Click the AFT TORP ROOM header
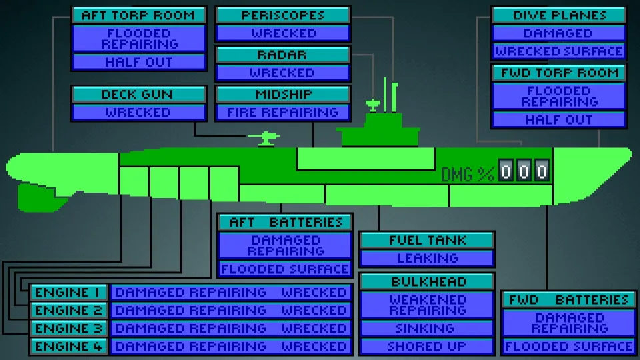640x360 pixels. [x=139, y=15]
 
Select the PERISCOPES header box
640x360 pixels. [x=283, y=15]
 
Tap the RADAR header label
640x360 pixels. [x=283, y=55]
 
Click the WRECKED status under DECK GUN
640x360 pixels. [x=139, y=112]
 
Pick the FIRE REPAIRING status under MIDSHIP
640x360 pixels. [x=283, y=112]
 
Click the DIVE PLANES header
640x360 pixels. [x=559, y=15]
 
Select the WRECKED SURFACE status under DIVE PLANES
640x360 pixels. [x=559, y=51]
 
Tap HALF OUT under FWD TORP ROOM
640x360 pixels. [x=559, y=119]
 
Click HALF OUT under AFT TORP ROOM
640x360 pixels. [x=139, y=62]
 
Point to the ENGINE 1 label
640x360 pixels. [x=69, y=292]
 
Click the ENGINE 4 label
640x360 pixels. [x=69, y=346]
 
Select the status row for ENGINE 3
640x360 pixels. [x=231, y=328]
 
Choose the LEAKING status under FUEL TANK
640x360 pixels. [x=427, y=258]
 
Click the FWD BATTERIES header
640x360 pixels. [x=569, y=299]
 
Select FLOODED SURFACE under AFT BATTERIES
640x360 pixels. [x=285, y=269]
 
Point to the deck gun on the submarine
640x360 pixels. [x=264, y=138]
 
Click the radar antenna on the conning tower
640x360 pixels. [x=373, y=105]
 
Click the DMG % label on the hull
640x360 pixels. [x=468, y=175]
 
